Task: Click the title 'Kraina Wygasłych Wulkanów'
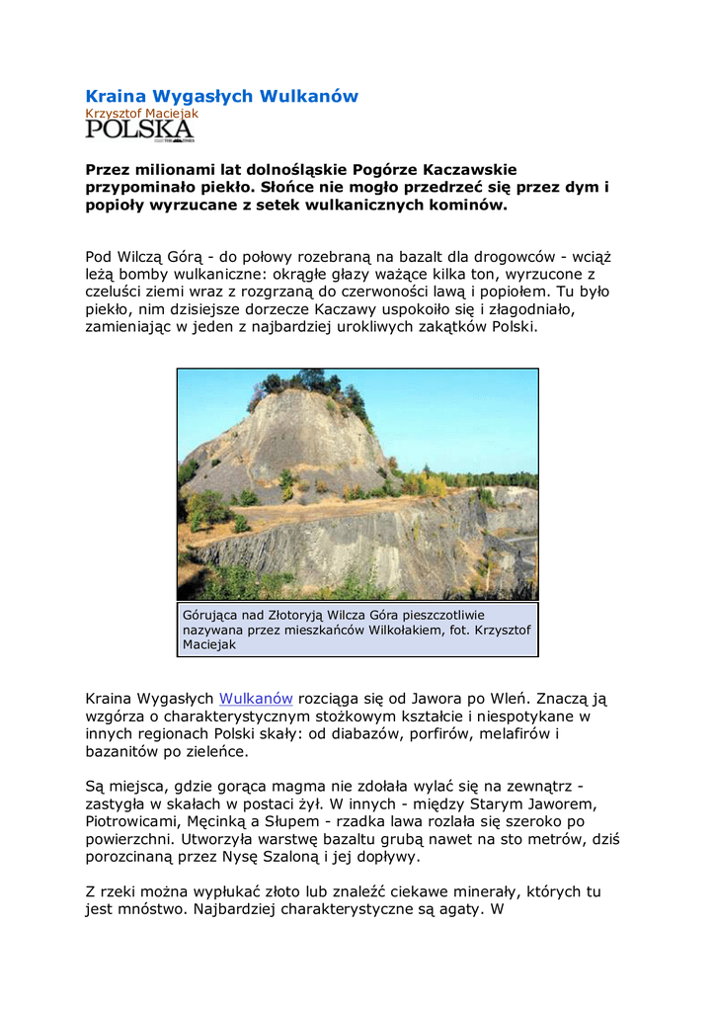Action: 221,96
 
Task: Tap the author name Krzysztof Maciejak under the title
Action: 141,114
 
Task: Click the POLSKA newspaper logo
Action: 139,130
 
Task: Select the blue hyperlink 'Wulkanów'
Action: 256,699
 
